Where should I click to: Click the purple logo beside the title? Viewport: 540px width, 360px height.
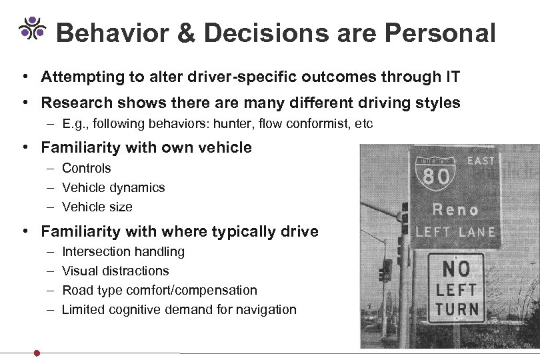(x=32, y=27)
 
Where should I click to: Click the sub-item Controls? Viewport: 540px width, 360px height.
(x=86, y=169)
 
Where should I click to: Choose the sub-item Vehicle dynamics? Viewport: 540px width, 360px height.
(x=113, y=188)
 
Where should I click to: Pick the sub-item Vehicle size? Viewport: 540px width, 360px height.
(x=97, y=207)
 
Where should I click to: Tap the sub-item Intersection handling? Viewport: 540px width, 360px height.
(x=123, y=252)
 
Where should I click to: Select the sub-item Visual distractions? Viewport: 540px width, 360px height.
(x=115, y=271)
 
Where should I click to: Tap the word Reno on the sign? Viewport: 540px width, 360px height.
(x=456, y=209)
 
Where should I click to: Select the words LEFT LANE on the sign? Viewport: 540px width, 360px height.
(x=456, y=232)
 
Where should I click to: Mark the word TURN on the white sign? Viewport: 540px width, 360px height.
(x=457, y=309)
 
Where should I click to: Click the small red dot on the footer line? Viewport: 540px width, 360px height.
(x=37, y=353)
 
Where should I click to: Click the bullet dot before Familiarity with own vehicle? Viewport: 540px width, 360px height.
(x=23, y=147)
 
